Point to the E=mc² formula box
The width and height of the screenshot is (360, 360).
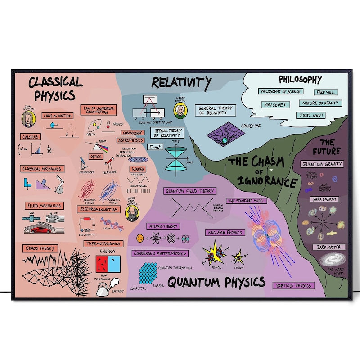(x=155, y=147)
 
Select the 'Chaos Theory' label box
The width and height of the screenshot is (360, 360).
(x=40, y=248)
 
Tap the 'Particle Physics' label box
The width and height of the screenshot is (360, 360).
(x=294, y=285)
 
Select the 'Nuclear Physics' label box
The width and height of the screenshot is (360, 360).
(x=225, y=233)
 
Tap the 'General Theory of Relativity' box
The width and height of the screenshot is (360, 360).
(x=216, y=110)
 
